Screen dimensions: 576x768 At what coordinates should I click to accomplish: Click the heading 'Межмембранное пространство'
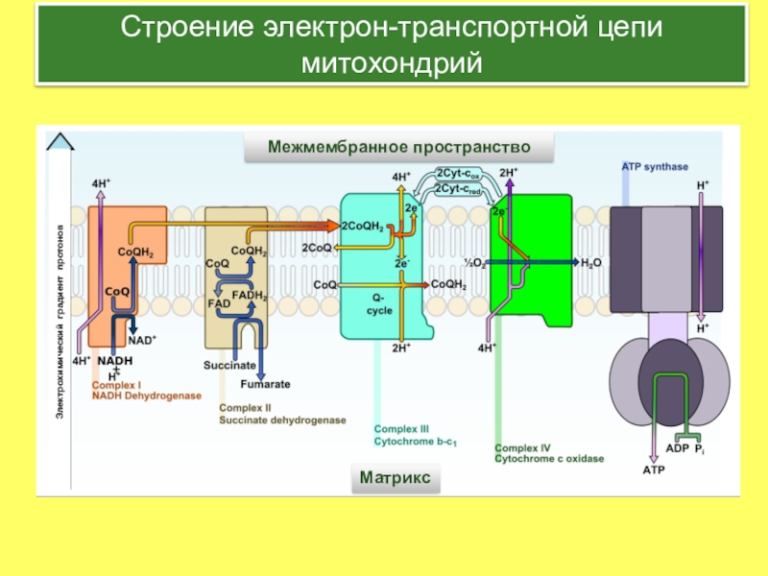(x=399, y=148)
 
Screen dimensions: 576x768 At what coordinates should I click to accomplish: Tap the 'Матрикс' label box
(x=395, y=476)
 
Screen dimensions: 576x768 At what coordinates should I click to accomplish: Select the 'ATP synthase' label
(x=655, y=167)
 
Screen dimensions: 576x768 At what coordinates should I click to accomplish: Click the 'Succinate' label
(x=229, y=366)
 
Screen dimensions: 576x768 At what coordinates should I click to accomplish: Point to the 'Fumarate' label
(x=265, y=384)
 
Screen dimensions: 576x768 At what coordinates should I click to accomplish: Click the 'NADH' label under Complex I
(x=114, y=360)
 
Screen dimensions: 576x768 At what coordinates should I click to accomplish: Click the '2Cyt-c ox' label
(x=458, y=174)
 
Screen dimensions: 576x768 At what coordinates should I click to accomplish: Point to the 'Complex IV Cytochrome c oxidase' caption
(x=549, y=453)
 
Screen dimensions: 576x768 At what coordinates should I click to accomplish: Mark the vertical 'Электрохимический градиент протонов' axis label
(x=61, y=318)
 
